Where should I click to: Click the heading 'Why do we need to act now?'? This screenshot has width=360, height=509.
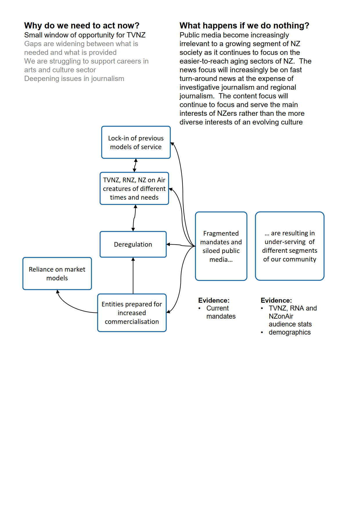click(x=82, y=26)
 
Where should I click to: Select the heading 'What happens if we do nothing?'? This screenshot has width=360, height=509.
click(x=244, y=26)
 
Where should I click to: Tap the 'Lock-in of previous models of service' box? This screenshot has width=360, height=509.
click(x=136, y=142)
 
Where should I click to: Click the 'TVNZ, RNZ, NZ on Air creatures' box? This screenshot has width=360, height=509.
click(x=134, y=189)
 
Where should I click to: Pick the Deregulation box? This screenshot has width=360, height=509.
click(x=133, y=244)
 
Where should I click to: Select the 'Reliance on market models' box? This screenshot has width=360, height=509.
click(x=57, y=274)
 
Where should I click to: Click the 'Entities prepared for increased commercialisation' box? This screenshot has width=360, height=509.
click(x=132, y=313)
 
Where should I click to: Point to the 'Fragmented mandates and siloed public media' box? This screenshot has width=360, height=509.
click(x=221, y=246)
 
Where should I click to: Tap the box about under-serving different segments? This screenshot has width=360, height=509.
click(x=289, y=246)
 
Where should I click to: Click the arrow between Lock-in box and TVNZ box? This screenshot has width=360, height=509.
click(x=135, y=165)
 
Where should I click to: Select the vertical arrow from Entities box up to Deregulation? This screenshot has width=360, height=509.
click(x=133, y=276)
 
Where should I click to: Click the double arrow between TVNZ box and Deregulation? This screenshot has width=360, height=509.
click(x=134, y=218)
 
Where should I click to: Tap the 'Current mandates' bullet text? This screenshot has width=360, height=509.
click(x=221, y=312)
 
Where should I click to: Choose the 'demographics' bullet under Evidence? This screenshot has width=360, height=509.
click(x=289, y=332)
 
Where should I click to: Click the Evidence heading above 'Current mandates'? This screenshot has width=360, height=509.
click(x=214, y=300)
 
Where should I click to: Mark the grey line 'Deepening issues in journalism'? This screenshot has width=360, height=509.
click(x=74, y=79)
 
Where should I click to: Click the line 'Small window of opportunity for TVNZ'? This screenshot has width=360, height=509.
click(x=85, y=35)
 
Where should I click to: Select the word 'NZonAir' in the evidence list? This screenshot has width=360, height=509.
click(x=281, y=316)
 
